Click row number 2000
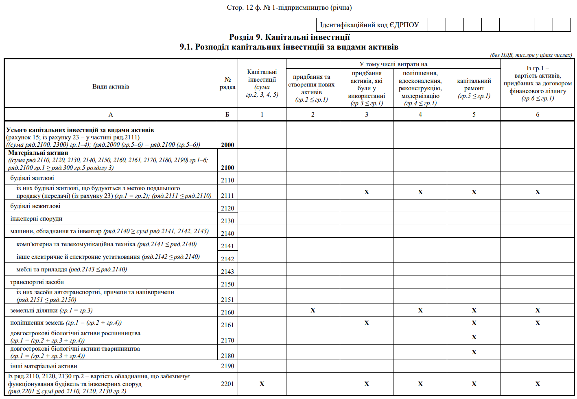coord(227,145)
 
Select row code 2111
coord(227,195)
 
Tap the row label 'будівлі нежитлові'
coord(35,206)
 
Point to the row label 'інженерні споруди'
coord(36,219)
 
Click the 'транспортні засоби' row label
coord(37,282)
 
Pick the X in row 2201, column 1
coord(262,384)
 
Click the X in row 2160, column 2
coord(313,310)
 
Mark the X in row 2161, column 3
coord(366,323)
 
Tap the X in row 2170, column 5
coord(474,337)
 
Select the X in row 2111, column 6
coord(537,192)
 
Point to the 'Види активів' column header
coord(111,87)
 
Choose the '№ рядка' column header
coord(227,83)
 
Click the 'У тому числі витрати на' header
coord(393,64)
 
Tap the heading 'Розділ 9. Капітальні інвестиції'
coord(289,37)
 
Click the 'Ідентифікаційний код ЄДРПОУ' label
coord(369,25)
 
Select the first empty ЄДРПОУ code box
coord(437,25)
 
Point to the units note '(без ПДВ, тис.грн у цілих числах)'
coord(531,55)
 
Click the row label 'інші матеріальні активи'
coord(44,366)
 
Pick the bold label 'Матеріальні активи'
coord(38,153)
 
